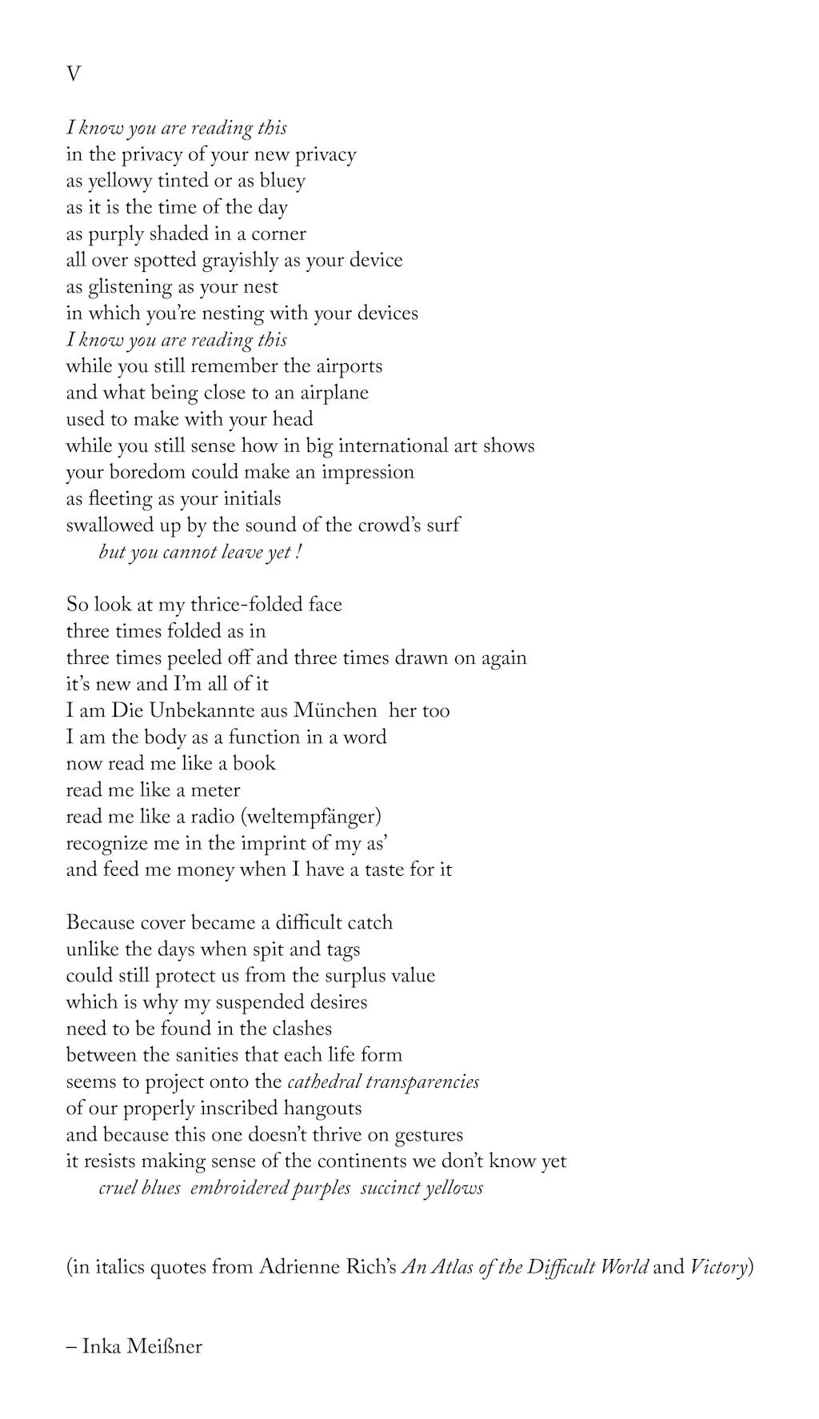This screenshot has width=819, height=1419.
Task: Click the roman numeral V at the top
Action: click(73, 74)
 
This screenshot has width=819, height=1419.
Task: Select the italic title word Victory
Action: click(718, 1267)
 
